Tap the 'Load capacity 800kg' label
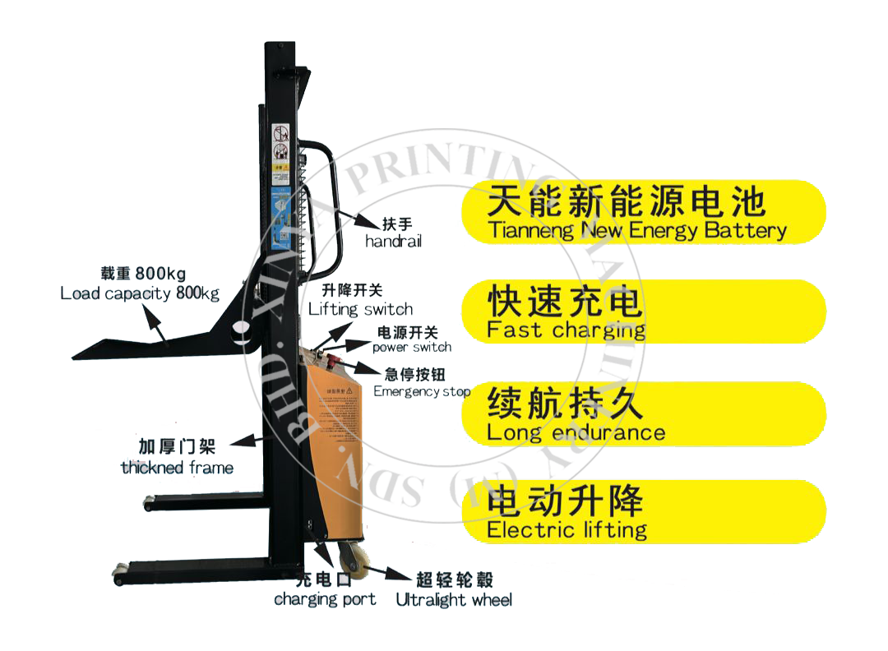pyautogui.click(x=140, y=293)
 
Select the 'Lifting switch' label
pyautogui.click(x=360, y=309)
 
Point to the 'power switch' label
pyautogui.click(x=412, y=347)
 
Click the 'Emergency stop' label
pyautogui.click(x=422, y=391)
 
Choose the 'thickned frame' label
pyautogui.click(x=177, y=468)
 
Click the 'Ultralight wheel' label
pyautogui.click(x=454, y=600)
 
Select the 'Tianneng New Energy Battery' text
pyautogui.click(x=636, y=230)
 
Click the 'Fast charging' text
pyautogui.click(x=566, y=330)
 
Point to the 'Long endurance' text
pyautogui.click(x=576, y=432)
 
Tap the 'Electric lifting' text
pyautogui.click(x=567, y=529)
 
